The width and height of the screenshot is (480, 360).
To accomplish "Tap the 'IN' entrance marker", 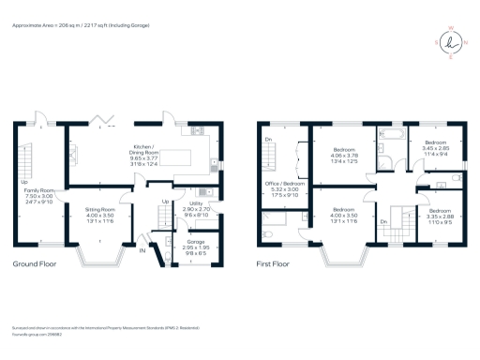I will [x=142, y=250].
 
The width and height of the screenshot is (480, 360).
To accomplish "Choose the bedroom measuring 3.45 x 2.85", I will [x=438, y=148].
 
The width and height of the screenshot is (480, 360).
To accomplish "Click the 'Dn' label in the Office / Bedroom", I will [x=270, y=140].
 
